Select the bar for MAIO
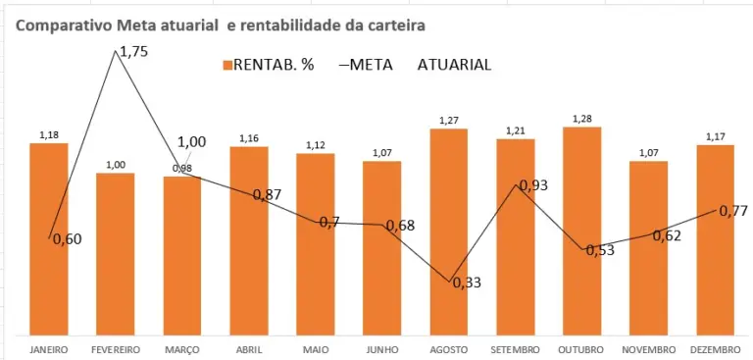pyautogui.click(x=316, y=245)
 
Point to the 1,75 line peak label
pyautogui.click(x=133, y=53)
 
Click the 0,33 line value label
pyautogui.click(x=467, y=283)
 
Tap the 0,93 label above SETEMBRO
pyautogui.click(x=533, y=185)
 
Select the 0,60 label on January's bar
pyautogui.click(x=67, y=238)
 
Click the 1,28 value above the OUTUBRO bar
pyautogui.click(x=581, y=120)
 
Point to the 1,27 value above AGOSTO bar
pyautogui.click(x=448, y=121)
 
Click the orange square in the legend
pyautogui.click(x=226, y=66)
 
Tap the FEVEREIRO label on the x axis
pyautogui.click(x=116, y=349)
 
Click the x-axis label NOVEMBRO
pyautogui.click(x=648, y=349)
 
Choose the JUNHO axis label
pyautogui.click(x=381, y=349)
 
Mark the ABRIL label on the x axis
pyautogui.click(x=249, y=349)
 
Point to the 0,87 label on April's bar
pyautogui.click(x=267, y=194)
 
